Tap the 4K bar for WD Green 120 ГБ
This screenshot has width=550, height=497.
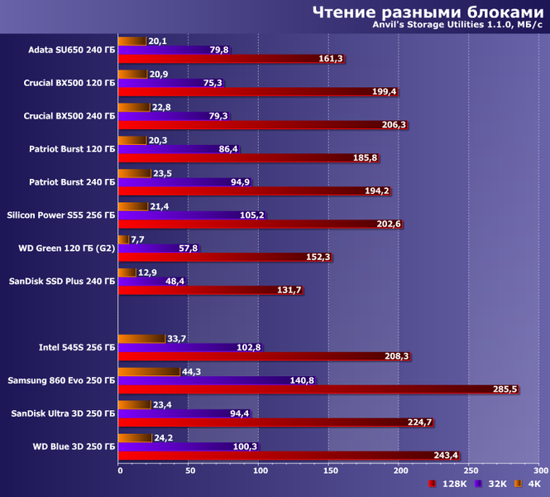click(123, 239)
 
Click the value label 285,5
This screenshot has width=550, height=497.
click(505, 389)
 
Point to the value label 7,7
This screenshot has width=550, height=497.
click(139, 239)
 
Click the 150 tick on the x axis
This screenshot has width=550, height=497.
click(330, 470)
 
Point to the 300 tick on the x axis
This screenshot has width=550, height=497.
click(538, 470)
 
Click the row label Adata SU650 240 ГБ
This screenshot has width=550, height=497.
click(71, 50)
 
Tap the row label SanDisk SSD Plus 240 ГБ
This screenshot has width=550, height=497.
click(62, 282)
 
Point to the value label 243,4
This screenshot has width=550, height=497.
click(446, 456)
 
